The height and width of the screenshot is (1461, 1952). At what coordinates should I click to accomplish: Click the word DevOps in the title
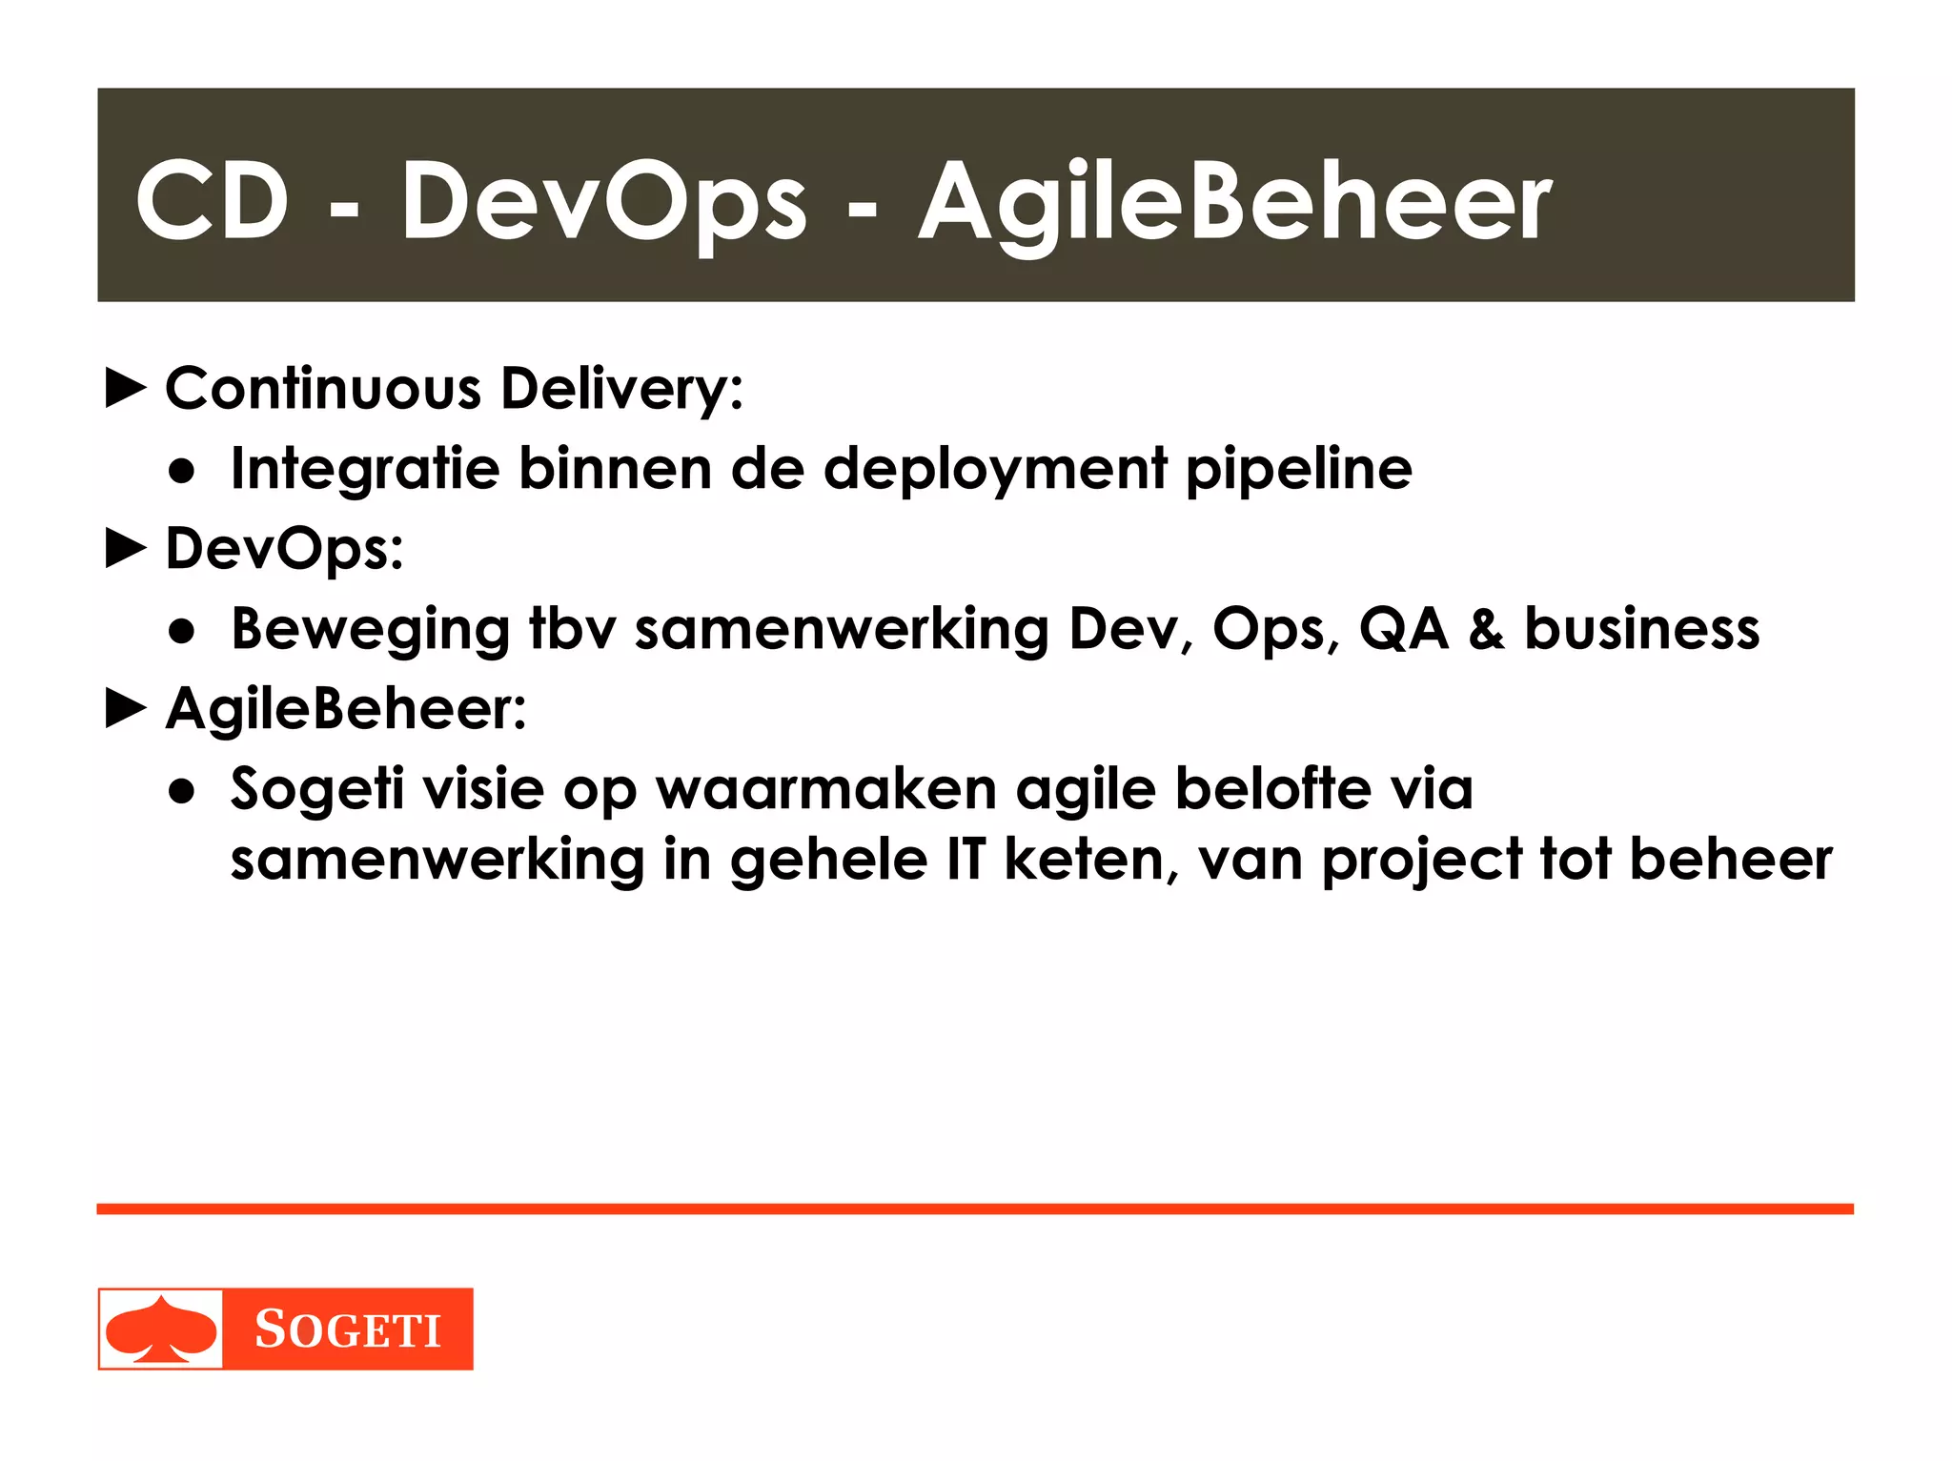(x=603, y=202)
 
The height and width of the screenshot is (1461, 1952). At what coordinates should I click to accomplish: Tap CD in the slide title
(x=212, y=202)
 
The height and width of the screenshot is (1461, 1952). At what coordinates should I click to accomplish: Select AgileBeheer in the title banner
(x=1234, y=202)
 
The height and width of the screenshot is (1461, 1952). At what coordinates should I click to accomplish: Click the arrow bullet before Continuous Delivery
(x=126, y=389)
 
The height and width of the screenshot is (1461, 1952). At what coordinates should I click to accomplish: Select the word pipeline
(x=1298, y=470)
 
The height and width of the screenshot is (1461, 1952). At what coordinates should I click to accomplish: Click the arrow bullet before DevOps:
(x=126, y=549)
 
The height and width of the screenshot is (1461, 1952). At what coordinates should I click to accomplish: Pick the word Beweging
(x=371, y=630)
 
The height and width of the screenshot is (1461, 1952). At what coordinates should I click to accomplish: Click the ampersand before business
(x=1486, y=630)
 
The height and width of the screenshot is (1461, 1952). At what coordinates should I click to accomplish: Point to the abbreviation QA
(x=1404, y=630)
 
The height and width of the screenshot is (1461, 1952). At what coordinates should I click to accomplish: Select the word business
(x=1641, y=630)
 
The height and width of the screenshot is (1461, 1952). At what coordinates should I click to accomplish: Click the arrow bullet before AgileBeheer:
(x=126, y=709)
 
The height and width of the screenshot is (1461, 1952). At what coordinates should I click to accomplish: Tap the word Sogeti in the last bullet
(x=317, y=790)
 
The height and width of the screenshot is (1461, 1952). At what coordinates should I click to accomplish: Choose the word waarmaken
(x=826, y=790)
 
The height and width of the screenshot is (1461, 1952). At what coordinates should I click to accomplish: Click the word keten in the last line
(x=1085, y=860)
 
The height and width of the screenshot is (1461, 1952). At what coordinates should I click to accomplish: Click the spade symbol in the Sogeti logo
(x=160, y=1329)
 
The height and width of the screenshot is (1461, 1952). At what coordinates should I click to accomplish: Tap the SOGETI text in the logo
(x=348, y=1329)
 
